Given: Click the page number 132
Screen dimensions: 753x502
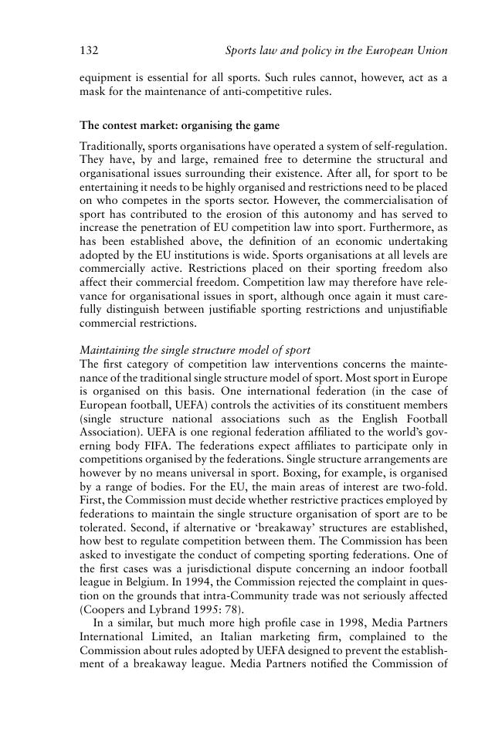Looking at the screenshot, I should coord(88,51).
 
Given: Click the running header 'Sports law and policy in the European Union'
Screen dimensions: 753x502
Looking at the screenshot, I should coord(336,51).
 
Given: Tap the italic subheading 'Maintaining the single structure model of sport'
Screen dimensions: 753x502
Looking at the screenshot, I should coord(195,351).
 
